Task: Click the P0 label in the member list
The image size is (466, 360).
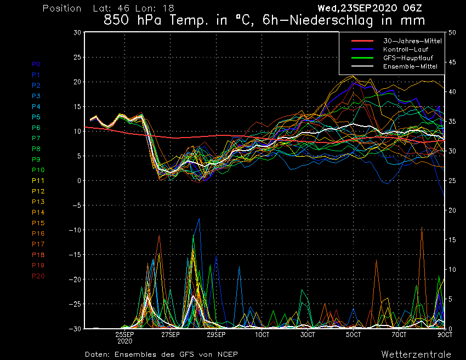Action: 36,64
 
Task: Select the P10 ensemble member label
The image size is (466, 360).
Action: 38,170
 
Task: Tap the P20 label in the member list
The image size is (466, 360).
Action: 38,276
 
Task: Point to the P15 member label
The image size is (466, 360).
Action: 38,223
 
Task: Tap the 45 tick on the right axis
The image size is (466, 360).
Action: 452,62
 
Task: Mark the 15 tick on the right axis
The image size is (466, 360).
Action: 452,240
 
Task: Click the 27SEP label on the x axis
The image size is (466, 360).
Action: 171,334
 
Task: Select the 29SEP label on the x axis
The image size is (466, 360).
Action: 217,334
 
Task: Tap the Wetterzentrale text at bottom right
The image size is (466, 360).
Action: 416,354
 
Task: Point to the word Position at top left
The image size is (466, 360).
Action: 62,8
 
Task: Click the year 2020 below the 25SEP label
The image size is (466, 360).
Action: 124,340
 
